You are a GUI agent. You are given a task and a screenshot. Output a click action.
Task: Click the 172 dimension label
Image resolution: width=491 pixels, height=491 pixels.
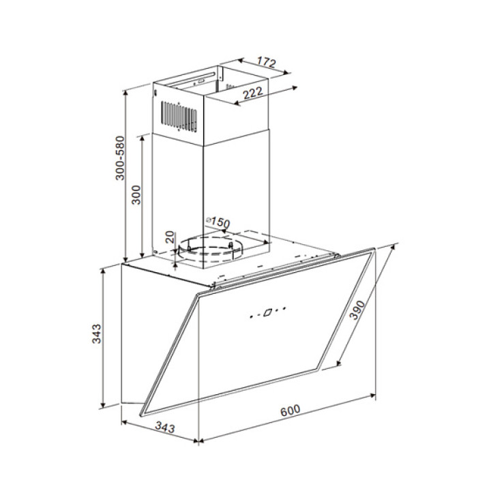[267, 62]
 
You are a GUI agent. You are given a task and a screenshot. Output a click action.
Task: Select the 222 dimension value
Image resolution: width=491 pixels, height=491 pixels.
[253, 93]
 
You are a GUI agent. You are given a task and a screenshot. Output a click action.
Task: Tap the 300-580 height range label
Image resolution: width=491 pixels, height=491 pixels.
[120, 158]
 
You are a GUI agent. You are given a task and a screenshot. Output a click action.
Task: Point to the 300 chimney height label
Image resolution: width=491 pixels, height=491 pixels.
[136, 195]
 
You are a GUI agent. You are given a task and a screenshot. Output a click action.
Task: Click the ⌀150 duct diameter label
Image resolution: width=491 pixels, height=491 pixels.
[218, 222]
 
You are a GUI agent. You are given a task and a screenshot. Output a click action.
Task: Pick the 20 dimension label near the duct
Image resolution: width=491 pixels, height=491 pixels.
[169, 237]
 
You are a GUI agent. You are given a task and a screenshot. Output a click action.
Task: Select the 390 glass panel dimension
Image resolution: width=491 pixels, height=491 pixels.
[357, 310]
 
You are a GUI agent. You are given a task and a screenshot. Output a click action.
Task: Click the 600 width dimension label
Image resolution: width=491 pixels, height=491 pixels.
[291, 411]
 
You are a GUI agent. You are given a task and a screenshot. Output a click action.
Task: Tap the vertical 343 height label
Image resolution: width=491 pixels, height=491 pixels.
[96, 333]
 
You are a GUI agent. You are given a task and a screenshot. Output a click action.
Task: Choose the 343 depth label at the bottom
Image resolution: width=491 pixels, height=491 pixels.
[165, 427]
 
